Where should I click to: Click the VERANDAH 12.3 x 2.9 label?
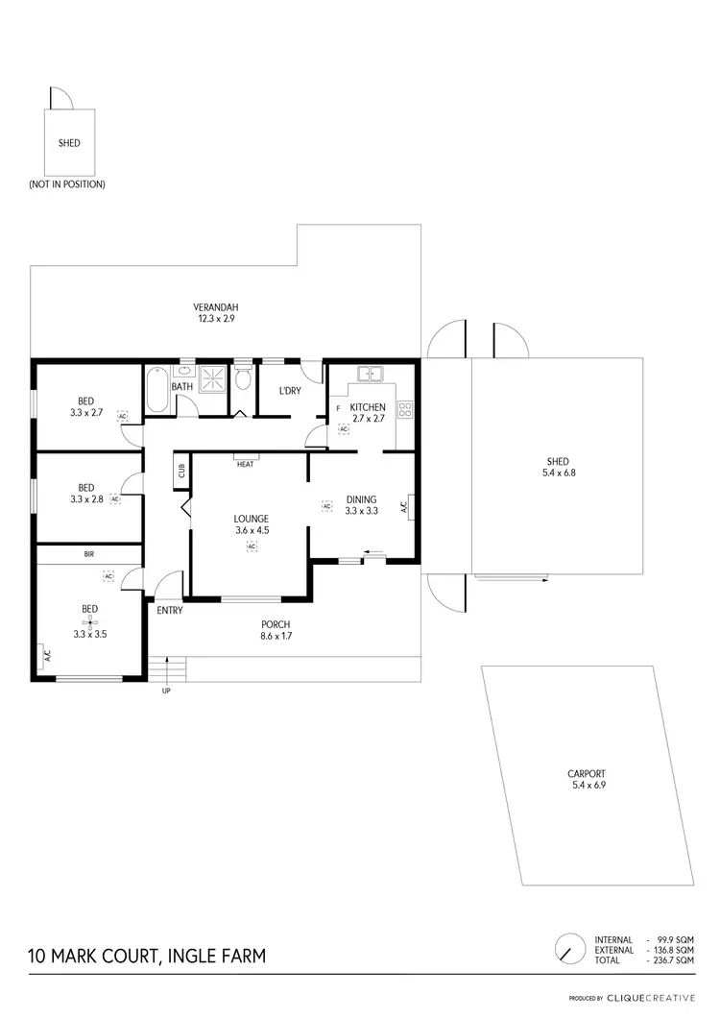click(218, 312)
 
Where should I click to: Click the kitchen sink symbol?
click(370, 373)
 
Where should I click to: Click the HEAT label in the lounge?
click(245, 466)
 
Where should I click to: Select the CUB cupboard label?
click(180, 472)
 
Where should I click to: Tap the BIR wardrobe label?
click(89, 554)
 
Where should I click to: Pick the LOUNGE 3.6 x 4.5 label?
click(252, 524)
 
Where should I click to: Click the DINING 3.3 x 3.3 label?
click(362, 505)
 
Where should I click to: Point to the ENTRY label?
click(169, 611)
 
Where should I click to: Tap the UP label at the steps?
click(167, 690)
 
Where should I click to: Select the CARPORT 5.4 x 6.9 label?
click(586, 779)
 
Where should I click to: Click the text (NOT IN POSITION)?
click(67, 183)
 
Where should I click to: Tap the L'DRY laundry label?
click(290, 391)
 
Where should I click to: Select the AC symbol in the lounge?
click(252, 546)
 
